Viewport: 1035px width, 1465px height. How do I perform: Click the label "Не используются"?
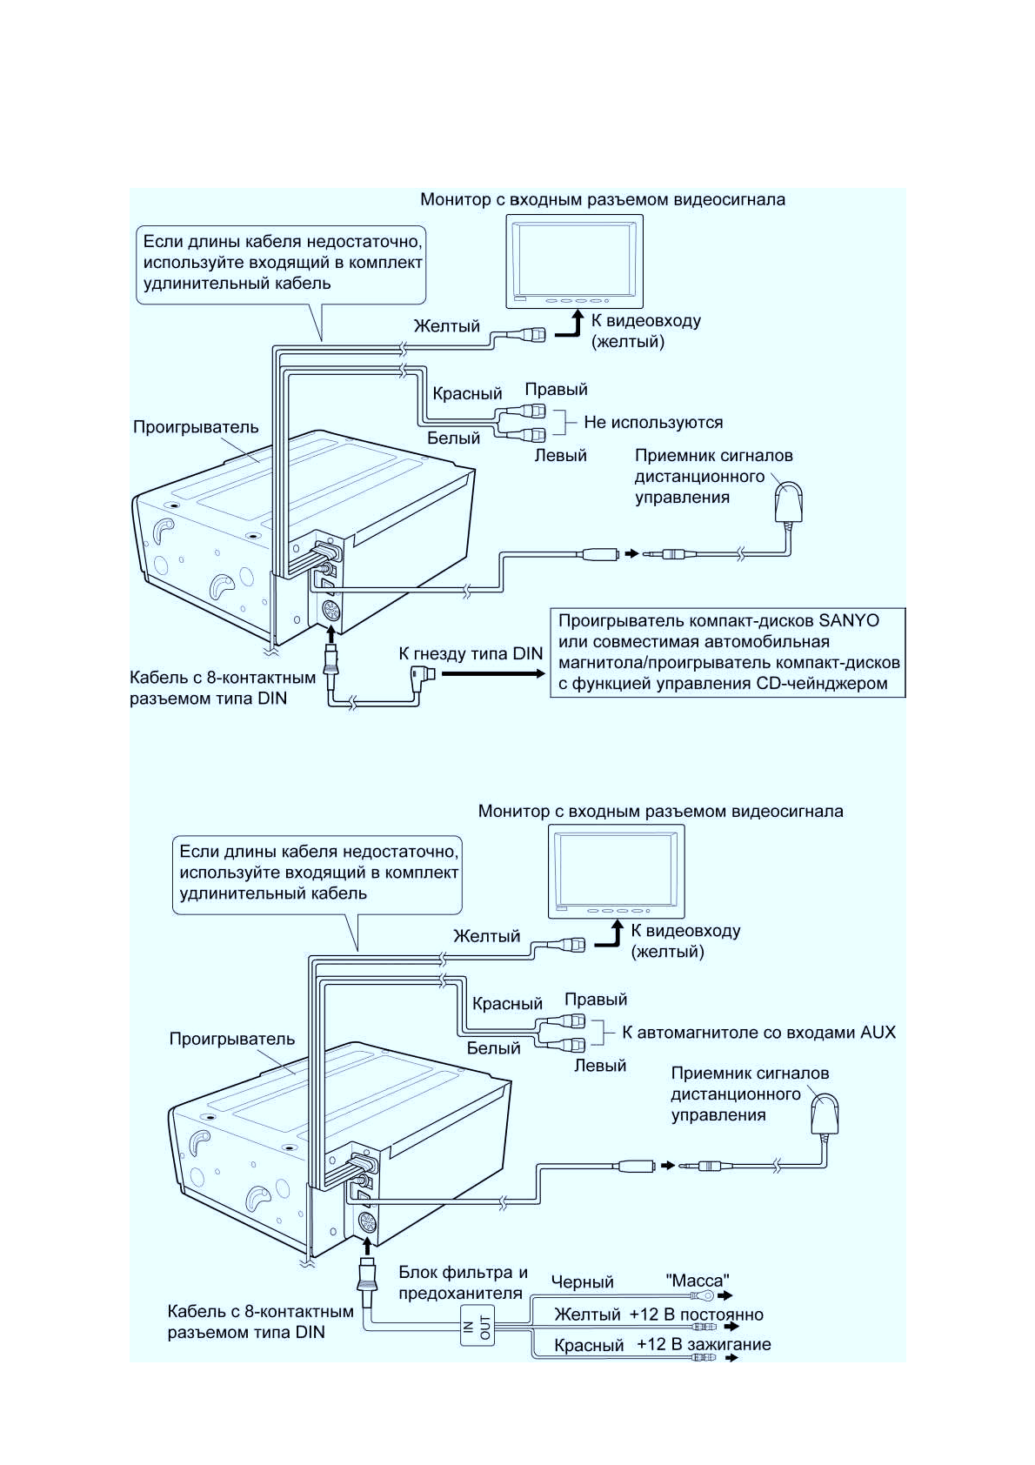653,423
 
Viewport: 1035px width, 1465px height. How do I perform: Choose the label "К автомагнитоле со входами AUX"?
758,1032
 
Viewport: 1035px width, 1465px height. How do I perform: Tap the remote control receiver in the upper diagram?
788,502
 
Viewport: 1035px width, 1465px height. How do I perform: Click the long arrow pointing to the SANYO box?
493,673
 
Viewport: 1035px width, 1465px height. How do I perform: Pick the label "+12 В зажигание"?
704,1344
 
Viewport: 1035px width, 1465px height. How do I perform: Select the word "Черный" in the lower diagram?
582,1281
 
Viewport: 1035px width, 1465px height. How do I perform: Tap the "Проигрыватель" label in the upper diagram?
196,427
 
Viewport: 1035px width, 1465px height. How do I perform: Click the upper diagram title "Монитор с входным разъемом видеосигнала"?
602,199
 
